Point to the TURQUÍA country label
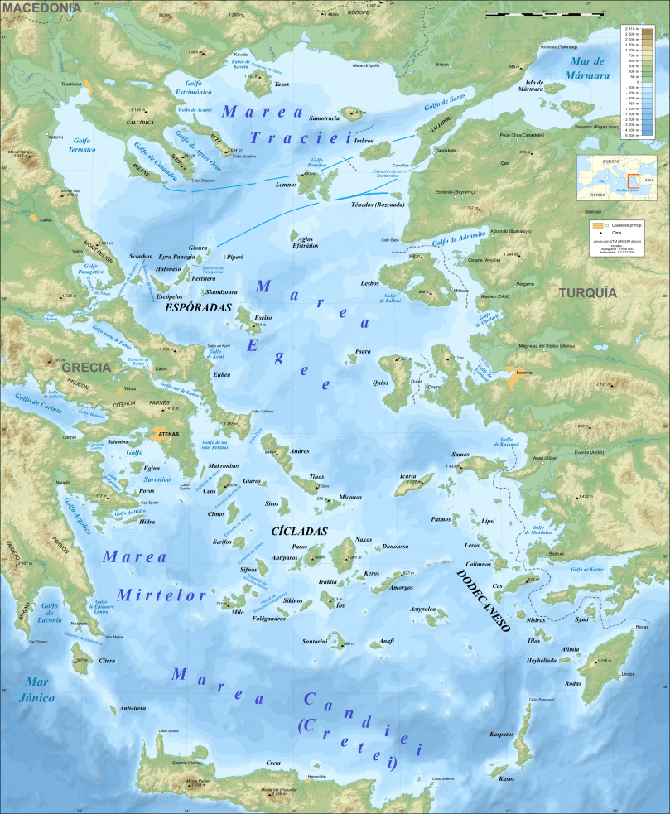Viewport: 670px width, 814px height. tap(587, 292)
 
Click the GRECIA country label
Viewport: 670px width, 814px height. tap(86, 367)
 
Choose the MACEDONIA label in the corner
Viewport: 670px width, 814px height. tap(41, 7)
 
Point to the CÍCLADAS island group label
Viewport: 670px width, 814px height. tap(300, 531)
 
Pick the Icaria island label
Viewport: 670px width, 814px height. tap(407, 476)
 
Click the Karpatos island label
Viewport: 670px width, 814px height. tap(502, 735)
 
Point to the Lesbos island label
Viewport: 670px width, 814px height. tap(369, 283)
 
